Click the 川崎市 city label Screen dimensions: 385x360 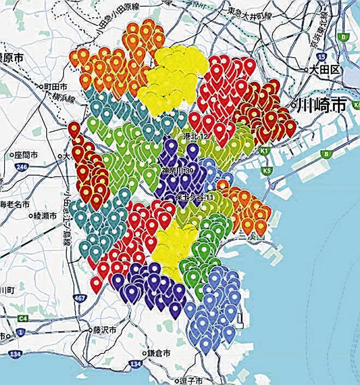pyautogui.click(x=321, y=105)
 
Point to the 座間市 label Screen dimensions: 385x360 pyautogui.click(x=26, y=155)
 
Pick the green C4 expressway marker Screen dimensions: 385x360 pyautogui.click(x=24, y=318)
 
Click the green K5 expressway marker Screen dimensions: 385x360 pyautogui.click(x=266, y=170)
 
